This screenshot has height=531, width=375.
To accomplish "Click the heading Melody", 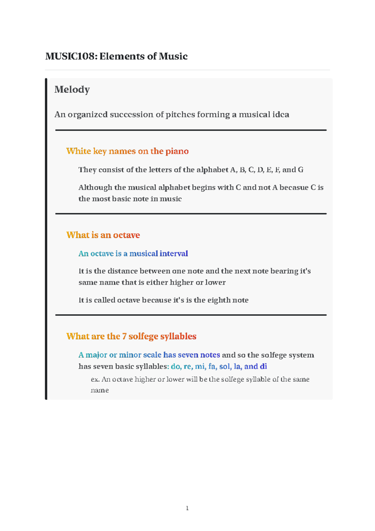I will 72,89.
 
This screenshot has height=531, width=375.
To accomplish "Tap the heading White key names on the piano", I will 127,151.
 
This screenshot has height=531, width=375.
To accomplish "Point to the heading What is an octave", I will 103,235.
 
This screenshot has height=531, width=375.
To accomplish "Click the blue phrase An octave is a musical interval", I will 133,254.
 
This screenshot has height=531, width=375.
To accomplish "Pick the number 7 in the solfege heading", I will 124,336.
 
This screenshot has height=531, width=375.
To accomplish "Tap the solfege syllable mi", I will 200,367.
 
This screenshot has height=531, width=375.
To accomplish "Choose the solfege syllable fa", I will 212,367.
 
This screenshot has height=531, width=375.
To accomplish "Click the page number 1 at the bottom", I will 187,508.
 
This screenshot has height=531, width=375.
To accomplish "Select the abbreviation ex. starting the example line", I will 95,380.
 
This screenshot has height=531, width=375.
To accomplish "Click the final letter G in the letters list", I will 301,170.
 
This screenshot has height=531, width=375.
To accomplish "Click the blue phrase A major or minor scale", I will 120,355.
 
